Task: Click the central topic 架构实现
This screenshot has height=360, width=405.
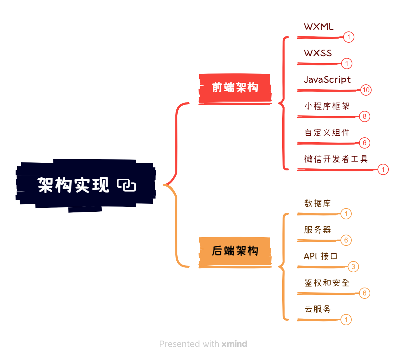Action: tap(73, 185)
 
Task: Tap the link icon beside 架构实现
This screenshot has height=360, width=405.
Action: tap(126, 185)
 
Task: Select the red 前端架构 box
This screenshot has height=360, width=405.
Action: tap(235, 88)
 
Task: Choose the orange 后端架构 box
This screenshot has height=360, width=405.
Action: tap(235, 251)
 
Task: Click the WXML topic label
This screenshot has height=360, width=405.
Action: tap(319, 27)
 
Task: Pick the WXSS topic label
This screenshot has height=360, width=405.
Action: tap(318, 53)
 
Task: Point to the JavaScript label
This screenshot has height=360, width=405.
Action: tap(327, 80)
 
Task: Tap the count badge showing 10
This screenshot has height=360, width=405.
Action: tap(366, 90)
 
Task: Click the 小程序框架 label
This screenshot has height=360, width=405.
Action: tap(327, 106)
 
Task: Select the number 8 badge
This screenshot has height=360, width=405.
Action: tap(364, 116)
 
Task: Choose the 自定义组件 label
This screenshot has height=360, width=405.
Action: tap(327, 133)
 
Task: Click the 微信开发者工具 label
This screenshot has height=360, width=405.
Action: tap(336, 159)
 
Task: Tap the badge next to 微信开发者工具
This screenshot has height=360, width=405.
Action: tap(383, 169)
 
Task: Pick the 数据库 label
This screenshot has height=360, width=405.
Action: tap(317, 203)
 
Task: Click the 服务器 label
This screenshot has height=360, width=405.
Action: tap(317, 230)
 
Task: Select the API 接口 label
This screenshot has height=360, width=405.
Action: tap(320, 256)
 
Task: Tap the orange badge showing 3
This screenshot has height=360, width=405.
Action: tap(353, 267)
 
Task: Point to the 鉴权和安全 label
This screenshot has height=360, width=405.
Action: tap(327, 283)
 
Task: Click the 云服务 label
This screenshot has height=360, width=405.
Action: tap(317, 309)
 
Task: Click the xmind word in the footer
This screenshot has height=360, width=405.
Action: tap(234, 344)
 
